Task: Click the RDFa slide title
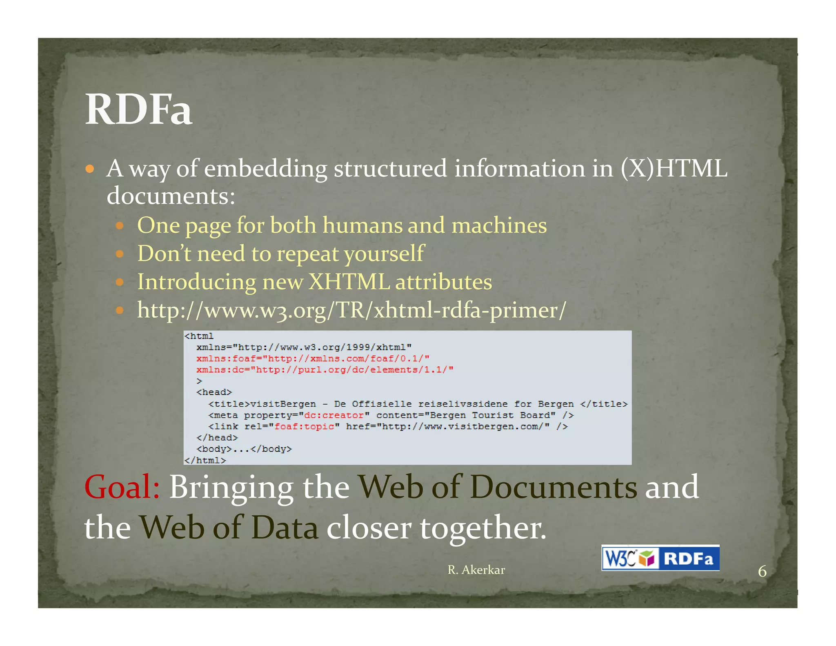(138, 110)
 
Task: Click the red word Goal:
(122, 487)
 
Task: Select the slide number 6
(762, 571)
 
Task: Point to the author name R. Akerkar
(476, 570)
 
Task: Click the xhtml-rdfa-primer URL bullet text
(351, 310)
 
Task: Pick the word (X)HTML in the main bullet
(674, 168)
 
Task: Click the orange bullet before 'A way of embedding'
(90, 169)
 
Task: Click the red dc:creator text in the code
(334, 415)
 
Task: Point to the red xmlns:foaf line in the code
(313, 359)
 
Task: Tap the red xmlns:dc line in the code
(325, 370)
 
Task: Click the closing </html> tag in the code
(205, 460)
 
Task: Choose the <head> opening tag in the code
(214, 392)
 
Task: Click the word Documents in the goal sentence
(553, 487)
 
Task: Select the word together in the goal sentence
(482, 528)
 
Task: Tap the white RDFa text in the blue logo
(688, 558)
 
